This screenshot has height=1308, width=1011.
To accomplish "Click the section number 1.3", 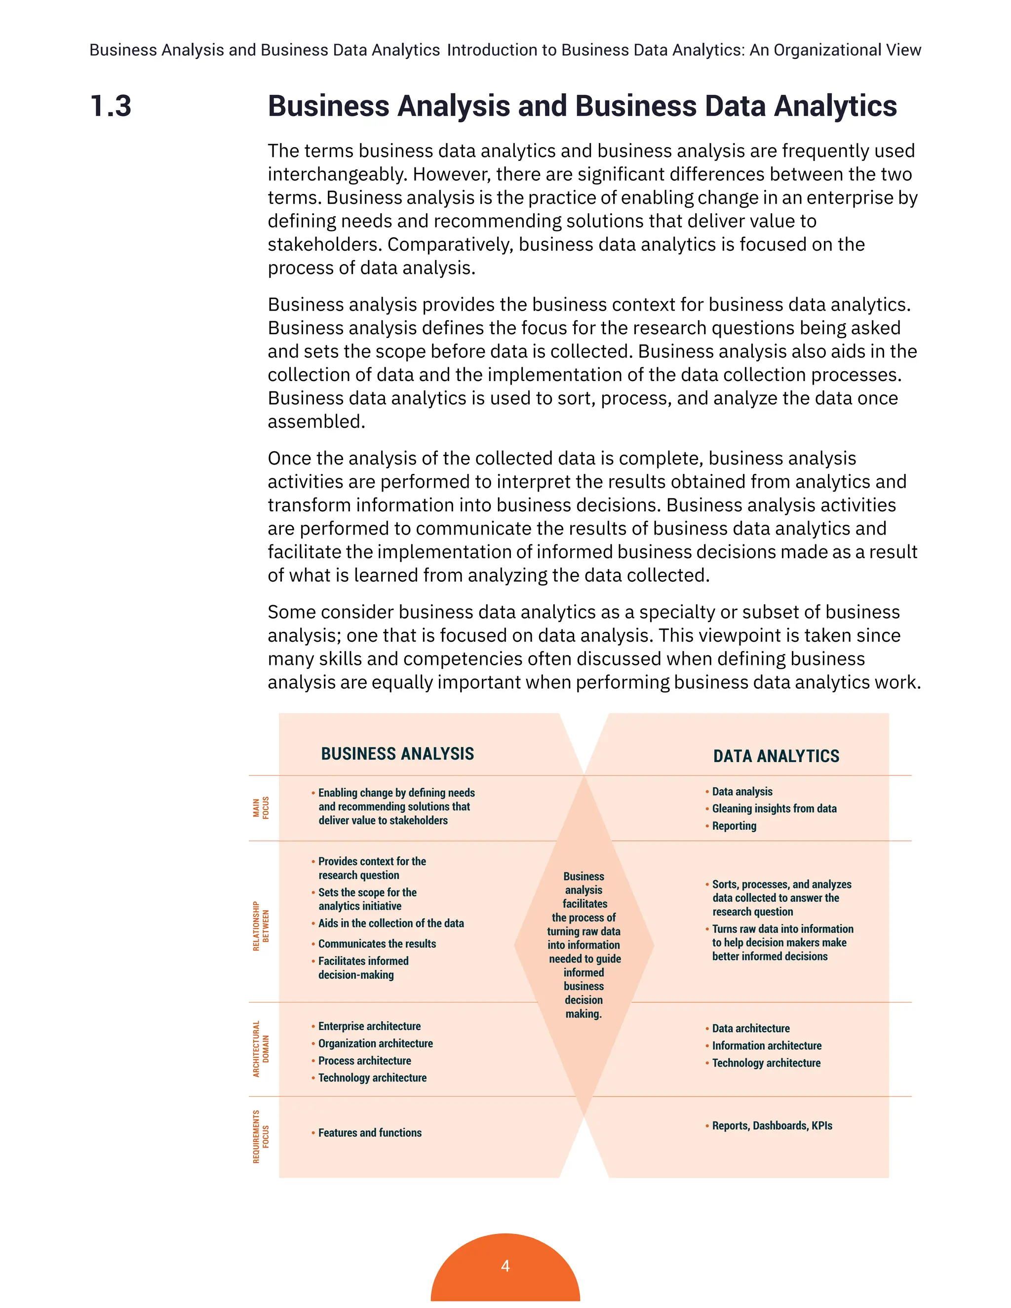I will pos(111,106).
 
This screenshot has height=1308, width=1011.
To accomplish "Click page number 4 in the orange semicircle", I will pos(505,1266).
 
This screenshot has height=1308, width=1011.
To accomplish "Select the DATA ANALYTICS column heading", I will pos(776,756).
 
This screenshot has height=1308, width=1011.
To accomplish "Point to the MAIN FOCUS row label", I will pos(261,808).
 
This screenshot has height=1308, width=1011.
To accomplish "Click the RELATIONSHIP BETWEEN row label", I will pos(261,926).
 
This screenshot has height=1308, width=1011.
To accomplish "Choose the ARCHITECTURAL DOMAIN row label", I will pos(261,1049).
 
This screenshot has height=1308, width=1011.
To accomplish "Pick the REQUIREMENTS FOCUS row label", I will pos(261,1137).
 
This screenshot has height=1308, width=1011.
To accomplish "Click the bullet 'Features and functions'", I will pos(370,1132).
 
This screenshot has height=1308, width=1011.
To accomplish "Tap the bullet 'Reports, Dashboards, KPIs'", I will pos(772,1125).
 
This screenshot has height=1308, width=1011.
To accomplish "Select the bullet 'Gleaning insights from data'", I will pos(774,808).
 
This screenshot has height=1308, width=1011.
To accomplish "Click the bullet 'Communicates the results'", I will pos(377,943).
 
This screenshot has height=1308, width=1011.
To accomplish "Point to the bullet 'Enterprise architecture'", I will pos(369,1026).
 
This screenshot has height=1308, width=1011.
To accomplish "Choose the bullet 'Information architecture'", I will pos(766,1045).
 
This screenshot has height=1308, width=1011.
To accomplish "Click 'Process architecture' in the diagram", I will pos(364,1060).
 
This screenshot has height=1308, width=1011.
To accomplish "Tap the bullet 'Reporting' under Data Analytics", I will pos(734,826).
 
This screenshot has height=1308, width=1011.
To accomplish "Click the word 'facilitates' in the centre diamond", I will pos(584,904).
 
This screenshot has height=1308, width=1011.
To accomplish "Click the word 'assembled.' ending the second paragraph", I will pos(316,422).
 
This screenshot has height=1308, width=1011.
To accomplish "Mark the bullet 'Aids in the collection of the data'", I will pos(390,923).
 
